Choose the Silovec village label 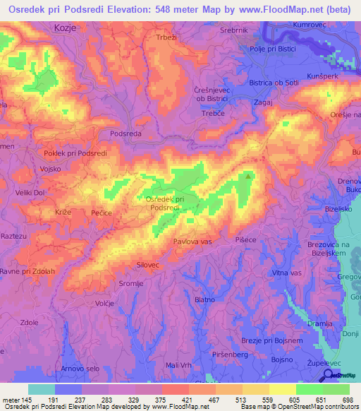pos(150,266)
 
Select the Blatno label pos(204,300)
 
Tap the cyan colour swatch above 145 pos(41,389)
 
